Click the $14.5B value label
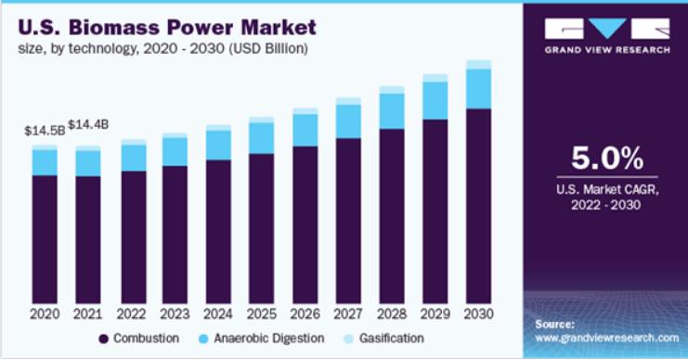tap(45, 131)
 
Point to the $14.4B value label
tap(88, 125)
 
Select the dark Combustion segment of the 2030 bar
tap(479, 206)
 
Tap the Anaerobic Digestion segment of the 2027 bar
tap(348, 122)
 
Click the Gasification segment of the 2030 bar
tap(479, 65)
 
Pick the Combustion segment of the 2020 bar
tap(45, 239)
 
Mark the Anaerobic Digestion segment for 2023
tap(175, 152)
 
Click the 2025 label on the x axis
tap(262, 314)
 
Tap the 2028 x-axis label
tap(392, 314)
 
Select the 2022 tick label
tap(131, 314)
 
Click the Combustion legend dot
tap(104, 339)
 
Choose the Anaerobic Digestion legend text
tap(269, 339)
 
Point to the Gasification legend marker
tap(349, 339)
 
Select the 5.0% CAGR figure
tap(607, 159)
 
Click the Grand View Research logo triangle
tap(607, 29)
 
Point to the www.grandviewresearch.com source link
tap(607, 338)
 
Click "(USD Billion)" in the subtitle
tap(268, 48)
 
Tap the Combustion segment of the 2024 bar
tap(218, 232)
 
